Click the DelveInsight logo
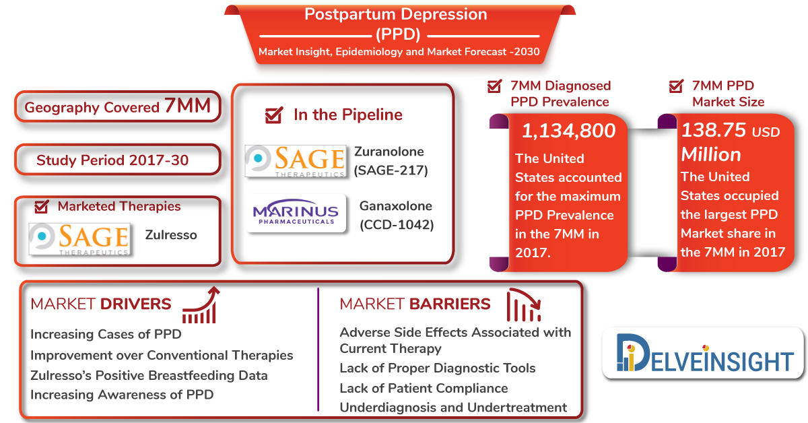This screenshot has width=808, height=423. pos(704,353)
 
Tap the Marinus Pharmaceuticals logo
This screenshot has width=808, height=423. pos(296,213)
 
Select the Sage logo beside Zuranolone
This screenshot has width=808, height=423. pos(296,161)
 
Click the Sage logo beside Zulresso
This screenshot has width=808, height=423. pos(79,239)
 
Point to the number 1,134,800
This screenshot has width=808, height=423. pos(568,131)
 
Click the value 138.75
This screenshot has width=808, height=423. pos(713,130)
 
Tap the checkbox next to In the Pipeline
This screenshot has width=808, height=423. pos(274,115)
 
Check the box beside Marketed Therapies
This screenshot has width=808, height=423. pos(42,206)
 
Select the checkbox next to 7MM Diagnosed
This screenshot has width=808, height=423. pos(494,86)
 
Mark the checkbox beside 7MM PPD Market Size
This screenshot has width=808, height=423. pos(676,86)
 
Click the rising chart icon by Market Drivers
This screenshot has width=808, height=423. pos(201,305)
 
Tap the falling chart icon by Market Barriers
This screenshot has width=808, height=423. pos(524,305)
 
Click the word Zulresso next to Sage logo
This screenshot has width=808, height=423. pos(171,235)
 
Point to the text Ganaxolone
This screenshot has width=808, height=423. pos(396,206)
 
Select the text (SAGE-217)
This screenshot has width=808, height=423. pos(391,170)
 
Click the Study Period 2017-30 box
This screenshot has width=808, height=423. pos(118,160)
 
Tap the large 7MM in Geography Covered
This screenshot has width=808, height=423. pos(188,106)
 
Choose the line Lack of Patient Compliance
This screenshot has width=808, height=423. pos(424,389)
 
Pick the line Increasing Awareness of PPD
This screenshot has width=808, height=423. pos(122,395)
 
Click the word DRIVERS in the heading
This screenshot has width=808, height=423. pos(135,304)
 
